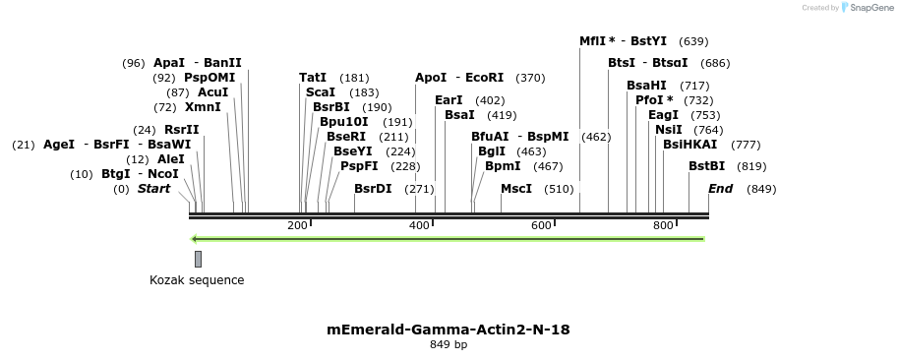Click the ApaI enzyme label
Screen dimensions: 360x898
(168, 63)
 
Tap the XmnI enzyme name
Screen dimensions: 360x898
(203, 107)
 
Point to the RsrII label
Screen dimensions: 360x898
(181, 130)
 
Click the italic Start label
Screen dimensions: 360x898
(153, 189)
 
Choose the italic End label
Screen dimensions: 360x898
(720, 189)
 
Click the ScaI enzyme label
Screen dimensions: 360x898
(321, 92)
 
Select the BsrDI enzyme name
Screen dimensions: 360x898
(373, 189)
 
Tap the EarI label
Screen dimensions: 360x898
(449, 100)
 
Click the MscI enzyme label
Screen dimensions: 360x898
(515, 189)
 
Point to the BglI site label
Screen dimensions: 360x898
(491, 151)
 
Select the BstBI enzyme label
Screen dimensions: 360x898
(706, 166)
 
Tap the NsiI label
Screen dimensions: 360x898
(668, 130)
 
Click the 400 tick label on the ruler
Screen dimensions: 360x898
(419, 226)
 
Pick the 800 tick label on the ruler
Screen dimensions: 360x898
(663, 226)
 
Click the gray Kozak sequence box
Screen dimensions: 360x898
(198, 259)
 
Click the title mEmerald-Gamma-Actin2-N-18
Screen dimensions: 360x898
(449, 330)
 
